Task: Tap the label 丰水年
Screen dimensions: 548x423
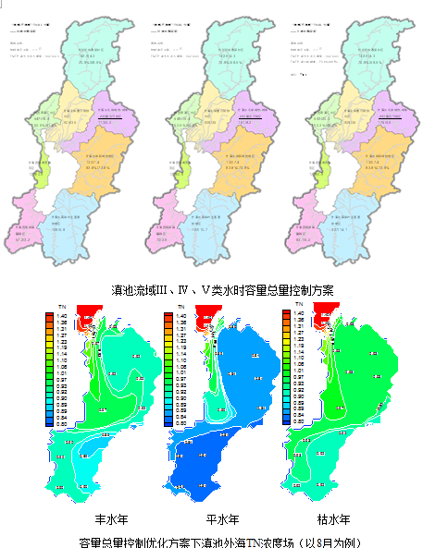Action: click(98, 518)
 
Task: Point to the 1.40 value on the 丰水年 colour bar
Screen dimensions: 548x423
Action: click(61, 316)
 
